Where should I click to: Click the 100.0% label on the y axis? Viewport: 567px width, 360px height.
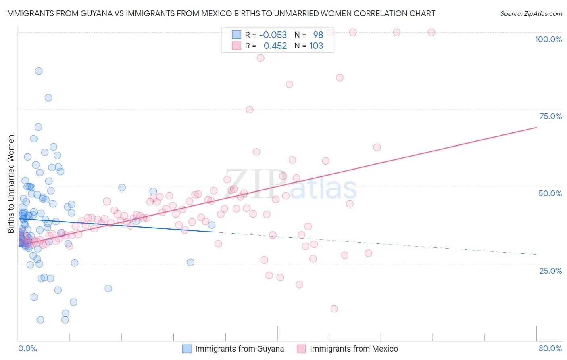pyautogui.click(x=548, y=39)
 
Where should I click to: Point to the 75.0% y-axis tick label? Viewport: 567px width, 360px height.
pyautogui.click(x=550, y=116)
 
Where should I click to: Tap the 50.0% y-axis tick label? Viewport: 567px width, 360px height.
pyautogui.click(x=550, y=193)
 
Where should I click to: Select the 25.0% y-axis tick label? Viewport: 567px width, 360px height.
pyautogui.click(x=550, y=270)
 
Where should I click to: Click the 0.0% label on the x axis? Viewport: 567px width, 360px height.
pyautogui.click(x=27, y=348)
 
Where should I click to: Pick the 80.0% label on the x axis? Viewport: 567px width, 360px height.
pyautogui.click(x=550, y=348)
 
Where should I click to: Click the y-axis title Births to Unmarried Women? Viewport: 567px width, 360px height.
pyautogui.click(x=11, y=184)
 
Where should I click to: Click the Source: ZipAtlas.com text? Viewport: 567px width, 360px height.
pyautogui.click(x=531, y=13)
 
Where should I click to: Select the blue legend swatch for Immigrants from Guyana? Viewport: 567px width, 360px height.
pyautogui.click(x=187, y=349)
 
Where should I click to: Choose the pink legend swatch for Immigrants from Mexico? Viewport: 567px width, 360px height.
pyautogui.click(x=301, y=349)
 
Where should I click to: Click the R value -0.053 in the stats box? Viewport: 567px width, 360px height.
pyautogui.click(x=273, y=35)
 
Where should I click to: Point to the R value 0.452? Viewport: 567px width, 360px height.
pyautogui.click(x=275, y=46)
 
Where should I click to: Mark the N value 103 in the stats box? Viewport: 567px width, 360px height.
pyautogui.click(x=316, y=46)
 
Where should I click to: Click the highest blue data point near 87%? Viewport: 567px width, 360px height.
pyautogui.click(x=39, y=71)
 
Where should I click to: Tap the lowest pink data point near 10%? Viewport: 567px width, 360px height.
pyautogui.click(x=334, y=309)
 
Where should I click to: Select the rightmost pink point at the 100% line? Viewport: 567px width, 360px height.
pyautogui.click(x=431, y=32)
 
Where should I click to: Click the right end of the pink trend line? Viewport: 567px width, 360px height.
pyautogui.click(x=536, y=127)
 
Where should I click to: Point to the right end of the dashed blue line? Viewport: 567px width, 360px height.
pyautogui.click(x=536, y=254)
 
